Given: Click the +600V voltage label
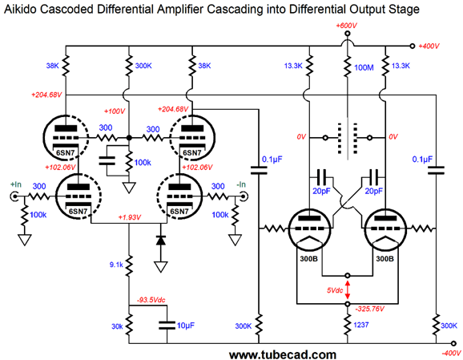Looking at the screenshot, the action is coord(346,26).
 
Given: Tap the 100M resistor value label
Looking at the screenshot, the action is coord(364,67).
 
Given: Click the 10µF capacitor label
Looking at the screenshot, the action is coord(185,326).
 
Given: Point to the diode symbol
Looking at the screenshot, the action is coord(161,241).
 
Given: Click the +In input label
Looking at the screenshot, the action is coord(16,184).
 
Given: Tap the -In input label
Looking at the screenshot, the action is coord(241,184).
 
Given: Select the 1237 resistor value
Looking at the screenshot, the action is coord(360,325).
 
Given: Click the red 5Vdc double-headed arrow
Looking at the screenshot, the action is coord(348,289).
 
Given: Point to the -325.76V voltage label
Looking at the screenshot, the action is coord(370,309).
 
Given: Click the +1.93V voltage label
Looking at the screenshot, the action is coord(129,217).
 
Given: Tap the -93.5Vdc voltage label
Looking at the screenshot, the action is coord(151,300).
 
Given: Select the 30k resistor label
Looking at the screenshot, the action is coord(117,326).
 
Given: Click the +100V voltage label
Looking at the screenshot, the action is coord(115,111).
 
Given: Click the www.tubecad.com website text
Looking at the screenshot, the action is coord(283,354).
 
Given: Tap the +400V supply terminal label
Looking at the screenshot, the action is coord(429,47).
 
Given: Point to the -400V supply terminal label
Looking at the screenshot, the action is coord(451,353).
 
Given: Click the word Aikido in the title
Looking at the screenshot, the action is coord(20,10).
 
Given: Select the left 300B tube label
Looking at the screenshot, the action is coord(308,259).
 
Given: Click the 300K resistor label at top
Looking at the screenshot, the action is coord(143,66).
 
